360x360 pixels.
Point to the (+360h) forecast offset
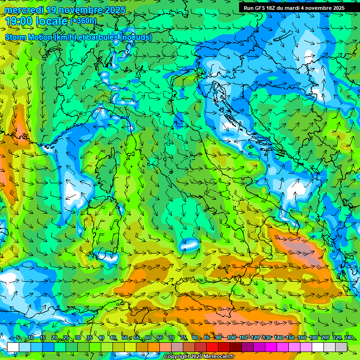coord(83,21)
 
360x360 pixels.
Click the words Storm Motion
coord(29,37)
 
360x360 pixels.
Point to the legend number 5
coord(18,338)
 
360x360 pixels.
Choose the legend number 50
coord(124,338)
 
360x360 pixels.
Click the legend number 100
coord(231,338)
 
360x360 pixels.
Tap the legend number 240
coord(349,338)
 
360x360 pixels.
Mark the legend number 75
coord(183,338)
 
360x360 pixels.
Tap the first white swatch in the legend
coord(13,347)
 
